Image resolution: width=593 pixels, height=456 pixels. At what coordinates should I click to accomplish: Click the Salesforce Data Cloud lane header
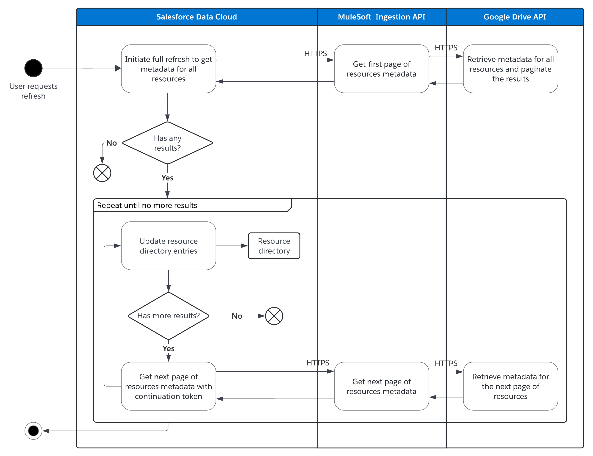196,17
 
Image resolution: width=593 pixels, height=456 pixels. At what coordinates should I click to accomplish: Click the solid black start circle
33,68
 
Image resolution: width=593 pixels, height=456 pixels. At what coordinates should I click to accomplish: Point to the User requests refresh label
33,91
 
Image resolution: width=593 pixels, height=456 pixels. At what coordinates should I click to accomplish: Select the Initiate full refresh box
168,69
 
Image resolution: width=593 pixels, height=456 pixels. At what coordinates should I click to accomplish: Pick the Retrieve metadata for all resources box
510,69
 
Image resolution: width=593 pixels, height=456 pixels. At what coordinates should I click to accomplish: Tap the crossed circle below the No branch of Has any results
102,173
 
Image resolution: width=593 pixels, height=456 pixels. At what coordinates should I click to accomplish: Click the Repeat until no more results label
147,205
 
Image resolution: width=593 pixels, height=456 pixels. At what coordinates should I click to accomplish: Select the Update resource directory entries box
168,246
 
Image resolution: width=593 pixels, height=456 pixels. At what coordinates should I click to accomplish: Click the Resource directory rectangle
274,246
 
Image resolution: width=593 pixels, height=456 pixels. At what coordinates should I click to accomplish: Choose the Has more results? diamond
168,316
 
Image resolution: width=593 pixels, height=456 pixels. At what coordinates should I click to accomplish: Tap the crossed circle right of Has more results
274,316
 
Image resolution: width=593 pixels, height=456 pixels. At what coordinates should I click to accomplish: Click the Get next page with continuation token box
168,386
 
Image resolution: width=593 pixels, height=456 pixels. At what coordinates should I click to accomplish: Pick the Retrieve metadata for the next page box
510,386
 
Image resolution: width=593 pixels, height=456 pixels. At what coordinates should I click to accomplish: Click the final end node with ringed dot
33,431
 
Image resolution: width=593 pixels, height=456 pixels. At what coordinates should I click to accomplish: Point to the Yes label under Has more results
168,348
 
